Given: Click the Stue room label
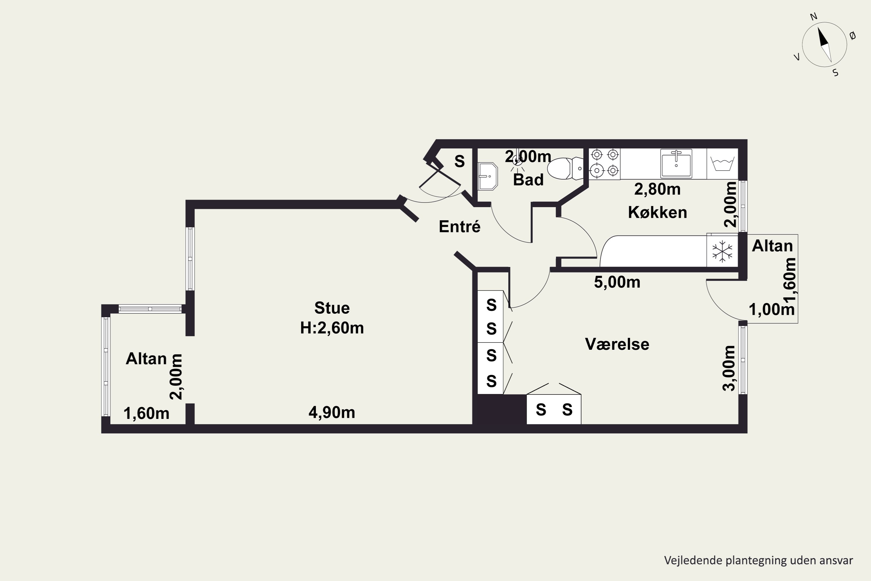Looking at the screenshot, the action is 332,308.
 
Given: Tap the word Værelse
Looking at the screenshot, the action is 617,344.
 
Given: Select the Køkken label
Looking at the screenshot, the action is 657,212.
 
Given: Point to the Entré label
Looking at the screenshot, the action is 460,226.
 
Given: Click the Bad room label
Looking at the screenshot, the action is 528,180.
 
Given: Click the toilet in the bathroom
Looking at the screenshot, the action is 565,168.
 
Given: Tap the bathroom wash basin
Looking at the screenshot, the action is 487,176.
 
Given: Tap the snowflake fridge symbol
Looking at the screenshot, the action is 722,252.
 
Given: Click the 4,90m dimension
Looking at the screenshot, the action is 332,413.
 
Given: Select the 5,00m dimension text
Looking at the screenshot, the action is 617,282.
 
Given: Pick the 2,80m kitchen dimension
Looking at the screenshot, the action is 657,189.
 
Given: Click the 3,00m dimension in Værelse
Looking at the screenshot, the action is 729,368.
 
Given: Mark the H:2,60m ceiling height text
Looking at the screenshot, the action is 332,328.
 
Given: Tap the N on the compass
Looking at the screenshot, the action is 814,17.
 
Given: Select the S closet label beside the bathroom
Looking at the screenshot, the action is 460,161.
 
